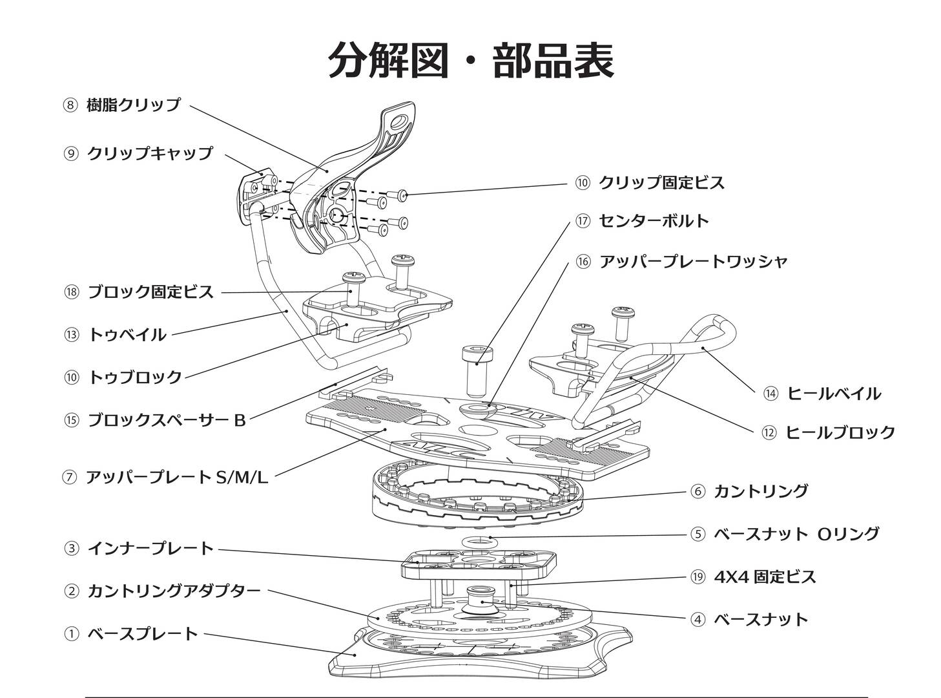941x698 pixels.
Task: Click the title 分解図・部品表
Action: pos(471,60)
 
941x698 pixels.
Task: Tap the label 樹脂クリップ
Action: pos(134,105)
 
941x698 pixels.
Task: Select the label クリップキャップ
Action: pos(149,153)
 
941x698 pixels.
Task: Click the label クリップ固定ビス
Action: pos(661,183)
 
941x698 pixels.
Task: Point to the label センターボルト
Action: pos(654,221)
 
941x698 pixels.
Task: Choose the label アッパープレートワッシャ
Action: pos(693,262)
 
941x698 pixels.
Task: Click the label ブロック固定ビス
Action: pos(150,292)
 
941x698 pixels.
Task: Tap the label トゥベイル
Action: pos(127,335)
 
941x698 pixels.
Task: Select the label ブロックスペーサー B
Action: pos(166,421)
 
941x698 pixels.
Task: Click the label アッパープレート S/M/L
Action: pos(176,478)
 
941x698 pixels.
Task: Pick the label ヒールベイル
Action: pos(833,394)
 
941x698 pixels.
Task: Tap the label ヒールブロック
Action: pos(840,432)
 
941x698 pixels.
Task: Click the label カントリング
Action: pos(760,491)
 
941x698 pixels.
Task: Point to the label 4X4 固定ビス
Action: pos(765,576)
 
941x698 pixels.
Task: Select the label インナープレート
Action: pos(150,549)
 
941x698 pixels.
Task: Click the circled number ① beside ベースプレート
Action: pos(71,634)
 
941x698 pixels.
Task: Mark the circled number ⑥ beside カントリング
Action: pos(698,491)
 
